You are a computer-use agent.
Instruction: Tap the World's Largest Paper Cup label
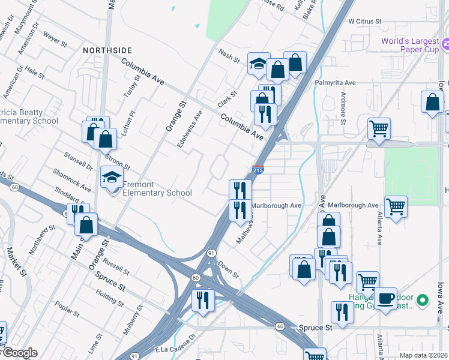(411, 45)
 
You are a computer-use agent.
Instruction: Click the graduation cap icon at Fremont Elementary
(112, 177)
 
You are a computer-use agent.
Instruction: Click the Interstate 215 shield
(258, 170)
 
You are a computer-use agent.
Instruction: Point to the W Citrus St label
(365, 21)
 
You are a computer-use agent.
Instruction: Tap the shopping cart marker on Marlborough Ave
(396, 207)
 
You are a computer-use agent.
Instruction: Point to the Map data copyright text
(423, 355)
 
